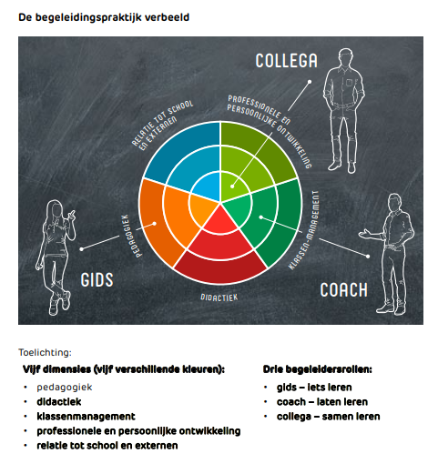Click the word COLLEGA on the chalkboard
click(x=286, y=61)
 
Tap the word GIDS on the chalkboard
click(x=97, y=279)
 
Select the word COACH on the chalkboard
click(x=343, y=290)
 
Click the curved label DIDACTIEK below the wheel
click(x=219, y=298)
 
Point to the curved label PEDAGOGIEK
click(x=131, y=236)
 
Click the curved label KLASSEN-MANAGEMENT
click(x=305, y=230)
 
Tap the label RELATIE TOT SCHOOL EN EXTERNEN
click(x=161, y=125)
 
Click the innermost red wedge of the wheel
click(x=220, y=221)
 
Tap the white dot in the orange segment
click(x=154, y=224)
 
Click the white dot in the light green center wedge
click(x=232, y=187)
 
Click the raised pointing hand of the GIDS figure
click(x=72, y=215)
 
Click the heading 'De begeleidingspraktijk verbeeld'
click(x=104, y=17)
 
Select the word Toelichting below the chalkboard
click(x=45, y=352)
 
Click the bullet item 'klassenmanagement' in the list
click(x=86, y=417)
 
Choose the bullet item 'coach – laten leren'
click(x=322, y=402)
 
